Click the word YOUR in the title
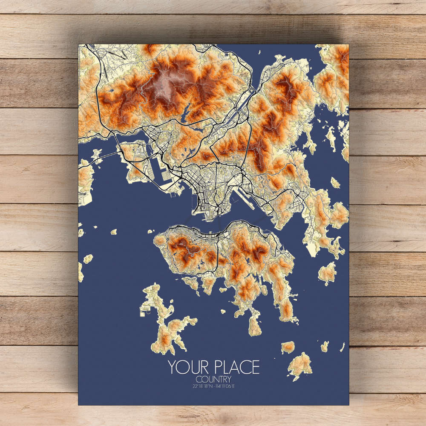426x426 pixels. click(185, 367)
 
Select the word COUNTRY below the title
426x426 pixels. click(213, 379)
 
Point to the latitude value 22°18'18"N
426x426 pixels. click(202, 386)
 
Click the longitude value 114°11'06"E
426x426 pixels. click(225, 386)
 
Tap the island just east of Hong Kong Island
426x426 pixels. click(327, 273)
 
